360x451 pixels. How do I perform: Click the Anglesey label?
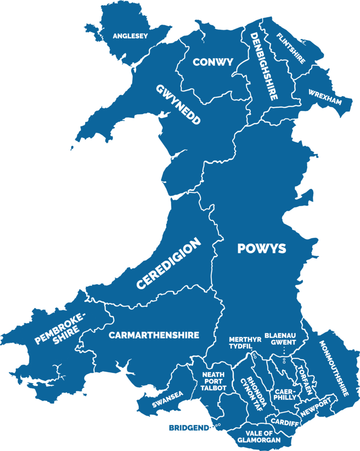click(130, 36)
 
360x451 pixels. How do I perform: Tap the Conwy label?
click(213, 62)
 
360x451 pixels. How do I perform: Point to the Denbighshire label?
click(264, 66)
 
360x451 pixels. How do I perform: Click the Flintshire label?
click(290, 48)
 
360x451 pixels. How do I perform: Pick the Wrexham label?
click(325, 98)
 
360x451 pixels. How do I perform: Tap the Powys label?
click(262, 248)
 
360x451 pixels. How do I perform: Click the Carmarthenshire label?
click(154, 335)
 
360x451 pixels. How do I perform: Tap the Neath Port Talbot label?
click(213, 381)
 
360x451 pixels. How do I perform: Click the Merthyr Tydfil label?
click(240, 343)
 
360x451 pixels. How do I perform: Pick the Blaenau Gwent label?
click(280, 339)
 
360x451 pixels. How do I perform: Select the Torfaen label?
click(305, 380)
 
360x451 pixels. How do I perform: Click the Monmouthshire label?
click(334, 368)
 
